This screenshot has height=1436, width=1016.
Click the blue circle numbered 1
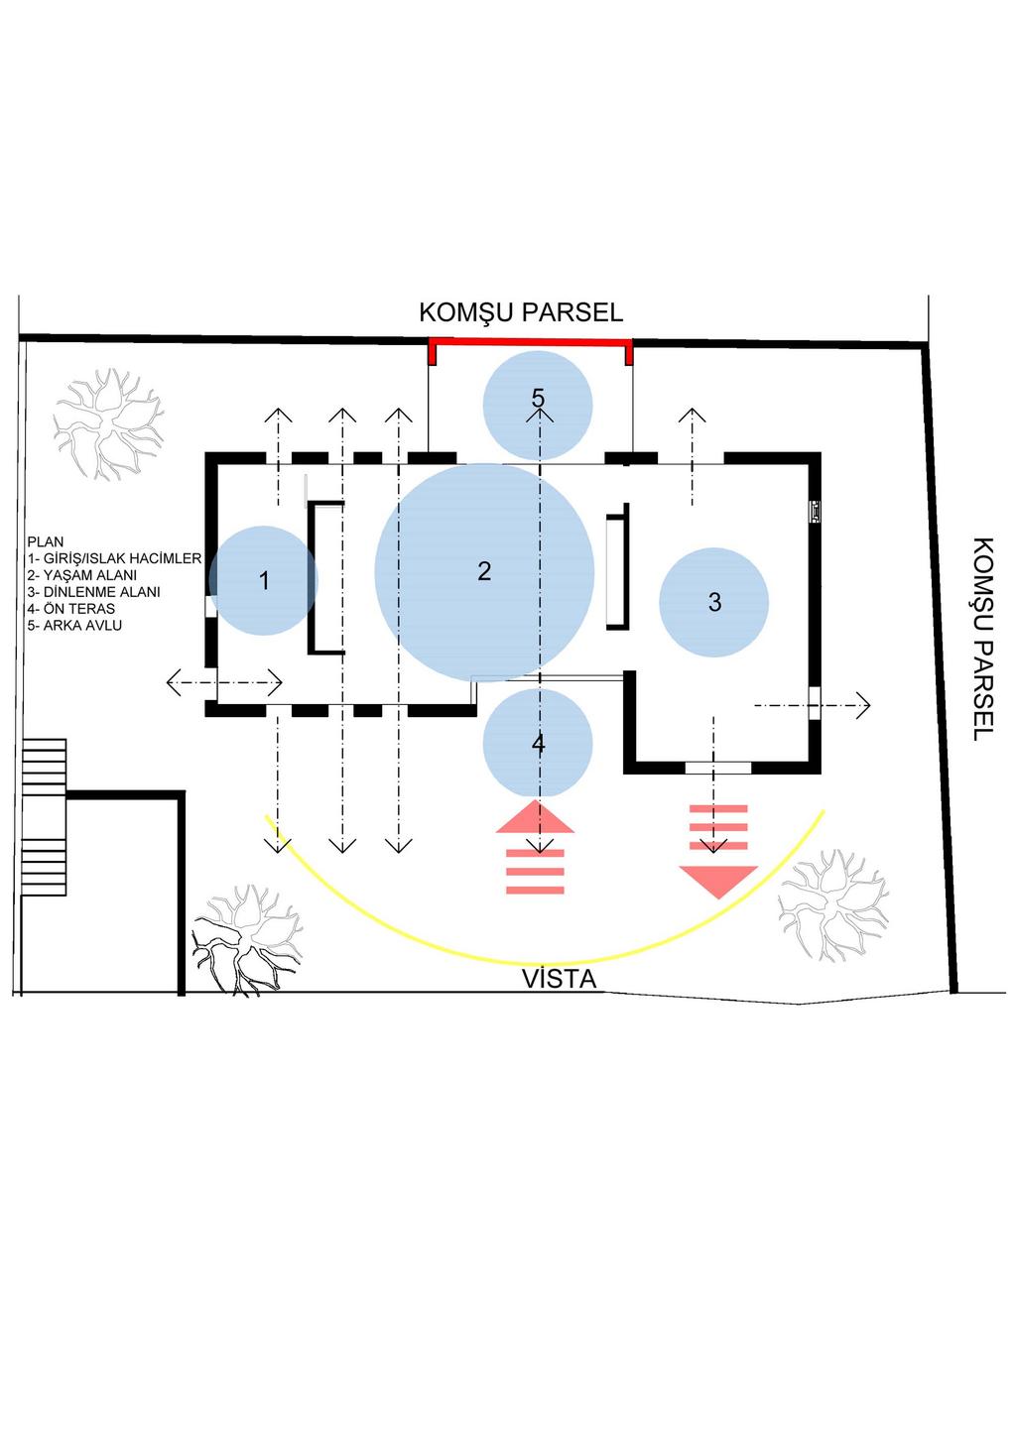[263, 581]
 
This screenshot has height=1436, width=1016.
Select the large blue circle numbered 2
[484, 572]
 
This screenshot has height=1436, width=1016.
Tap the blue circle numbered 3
[714, 602]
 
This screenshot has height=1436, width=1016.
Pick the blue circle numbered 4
[538, 744]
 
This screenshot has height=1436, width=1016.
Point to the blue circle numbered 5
[538, 406]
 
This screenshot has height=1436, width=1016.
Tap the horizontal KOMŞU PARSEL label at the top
[521, 312]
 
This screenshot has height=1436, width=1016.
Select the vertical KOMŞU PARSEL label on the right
[982, 640]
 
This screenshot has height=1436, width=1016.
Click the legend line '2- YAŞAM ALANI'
[82, 575]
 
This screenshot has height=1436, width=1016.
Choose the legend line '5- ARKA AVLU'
[74, 625]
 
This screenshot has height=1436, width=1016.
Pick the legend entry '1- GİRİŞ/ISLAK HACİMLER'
[114, 558]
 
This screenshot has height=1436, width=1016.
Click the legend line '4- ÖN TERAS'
[71, 608]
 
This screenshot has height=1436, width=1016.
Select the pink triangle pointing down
[718, 881]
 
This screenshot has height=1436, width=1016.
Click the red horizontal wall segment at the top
[531, 342]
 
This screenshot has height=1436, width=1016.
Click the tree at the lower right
[833, 904]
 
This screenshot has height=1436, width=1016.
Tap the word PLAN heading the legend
[46, 541]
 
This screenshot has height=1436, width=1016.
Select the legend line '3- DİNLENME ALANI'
[93, 592]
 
